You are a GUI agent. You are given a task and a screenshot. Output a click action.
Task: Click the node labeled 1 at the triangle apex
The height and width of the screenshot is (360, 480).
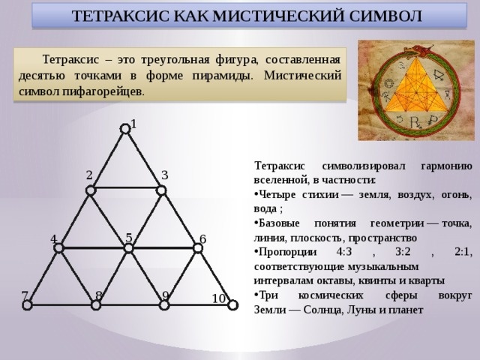click(x=125, y=130)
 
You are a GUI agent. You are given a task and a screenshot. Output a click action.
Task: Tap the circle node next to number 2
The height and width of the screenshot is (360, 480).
click(x=91, y=190)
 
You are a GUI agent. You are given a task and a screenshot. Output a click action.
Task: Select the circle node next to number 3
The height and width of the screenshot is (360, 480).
click(x=160, y=190)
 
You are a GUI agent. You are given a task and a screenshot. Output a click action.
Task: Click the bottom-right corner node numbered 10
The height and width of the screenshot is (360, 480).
click(x=231, y=304)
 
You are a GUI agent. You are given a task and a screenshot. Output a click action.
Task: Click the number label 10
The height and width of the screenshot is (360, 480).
click(x=218, y=299)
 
